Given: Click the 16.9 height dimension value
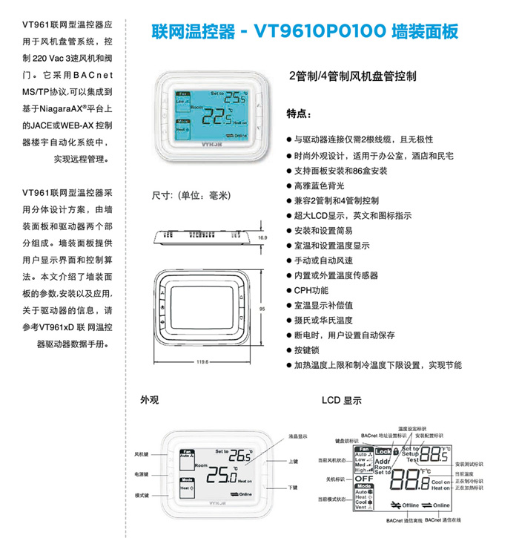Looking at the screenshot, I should click(262, 237).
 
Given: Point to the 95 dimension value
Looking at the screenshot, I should click(262, 308).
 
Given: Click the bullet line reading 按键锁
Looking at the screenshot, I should click(308, 350).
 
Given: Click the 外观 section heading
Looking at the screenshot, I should click(150, 399).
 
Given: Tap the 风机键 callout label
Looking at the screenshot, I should click(141, 453).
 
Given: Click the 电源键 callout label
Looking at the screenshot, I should click(141, 474).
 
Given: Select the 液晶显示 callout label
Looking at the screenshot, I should click(297, 436).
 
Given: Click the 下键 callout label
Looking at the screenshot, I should click(293, 487).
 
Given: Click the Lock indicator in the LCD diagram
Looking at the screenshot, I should click(383, 451).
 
